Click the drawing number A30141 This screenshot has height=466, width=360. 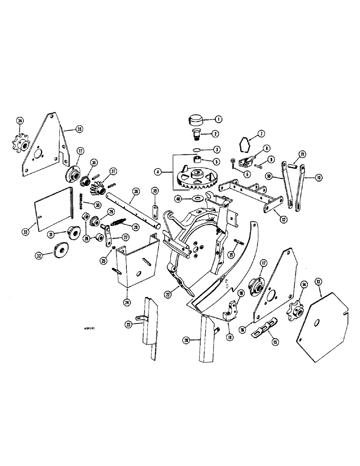(95, 328)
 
